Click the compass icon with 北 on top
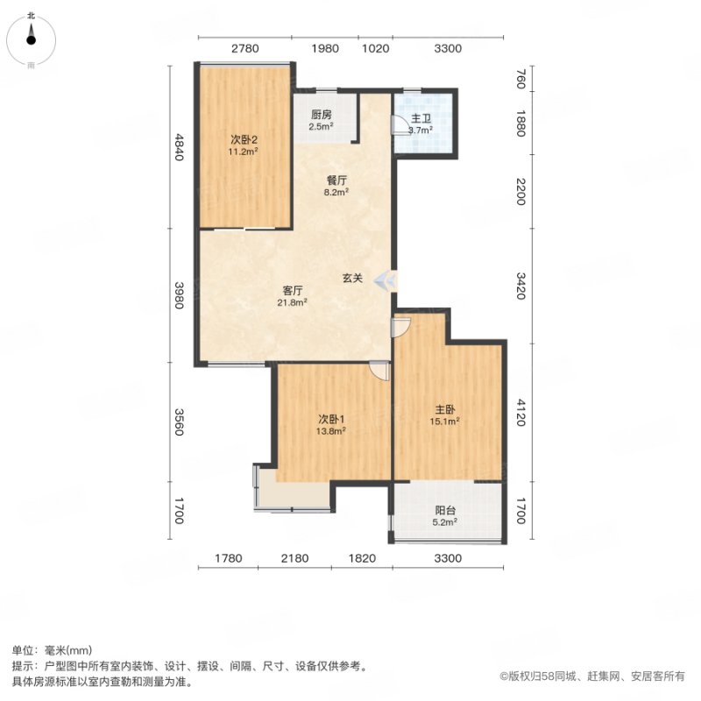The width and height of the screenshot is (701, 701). click(x=31, y=40)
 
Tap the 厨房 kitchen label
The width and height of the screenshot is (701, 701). click(x=322, y=115)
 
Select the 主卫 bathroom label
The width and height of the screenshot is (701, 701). click(x=421, y=119)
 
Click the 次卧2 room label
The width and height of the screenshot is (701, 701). click(x=244, y=139)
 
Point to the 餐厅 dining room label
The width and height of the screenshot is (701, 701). click(x=336, y=181)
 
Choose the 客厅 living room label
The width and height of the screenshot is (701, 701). click(x=293, y=291)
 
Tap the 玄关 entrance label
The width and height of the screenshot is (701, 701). click(x=352, y=278)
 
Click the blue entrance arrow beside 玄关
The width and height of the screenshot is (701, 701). click(x=384, y=280)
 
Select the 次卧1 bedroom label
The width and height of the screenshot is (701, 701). click(x=331, y=420)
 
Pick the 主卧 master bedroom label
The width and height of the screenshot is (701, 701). click(x=445, y=409)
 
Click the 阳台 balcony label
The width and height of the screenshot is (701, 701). click(x=445, y=510)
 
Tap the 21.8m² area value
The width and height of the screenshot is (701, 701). click(x=292, y=302)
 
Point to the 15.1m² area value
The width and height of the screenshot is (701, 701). click(x=445, y=421)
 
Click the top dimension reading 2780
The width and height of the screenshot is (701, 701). click(x=245, y=48)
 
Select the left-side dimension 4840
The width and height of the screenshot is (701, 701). click(x=179, y=146)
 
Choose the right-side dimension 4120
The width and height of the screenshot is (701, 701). click(x=520, y=412)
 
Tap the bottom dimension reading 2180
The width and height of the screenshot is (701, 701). click(x=294, y=558)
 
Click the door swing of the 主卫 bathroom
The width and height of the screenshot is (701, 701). click(x=398, y=124)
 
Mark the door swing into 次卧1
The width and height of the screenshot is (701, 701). click(x=381, y=371)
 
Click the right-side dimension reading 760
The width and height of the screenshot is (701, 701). click(x=520, y=78)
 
